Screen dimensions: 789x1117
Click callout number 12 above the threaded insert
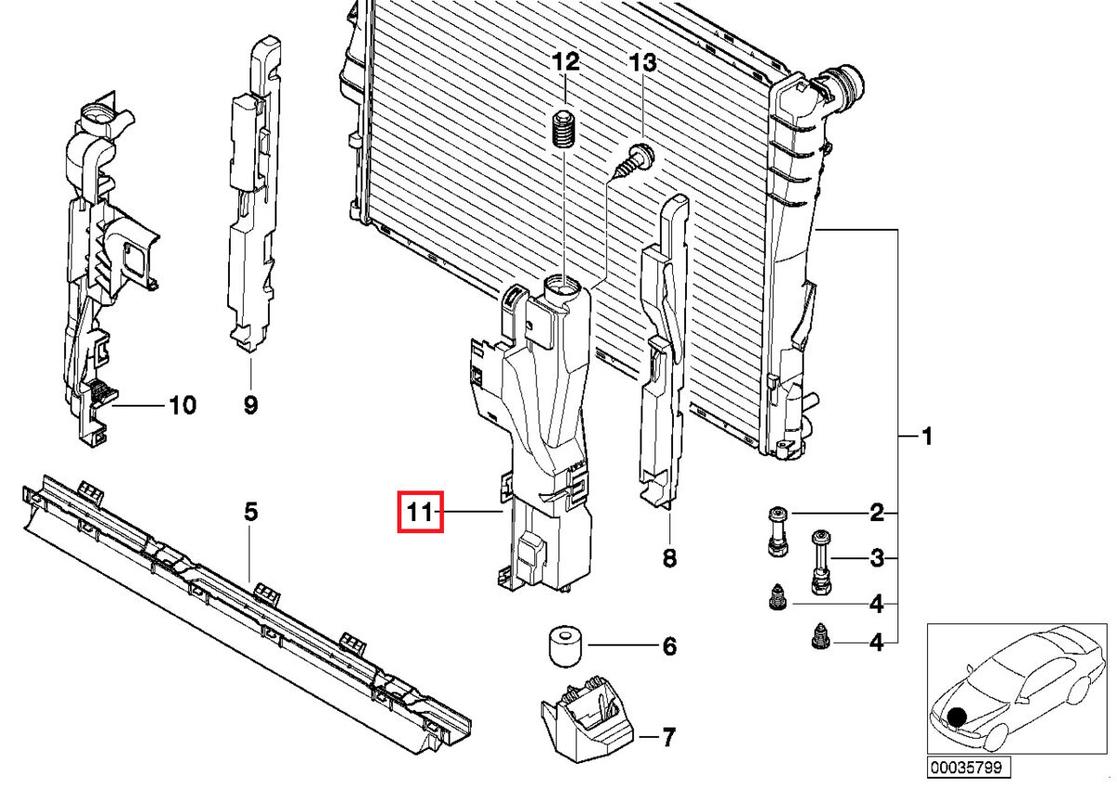coord(566,63)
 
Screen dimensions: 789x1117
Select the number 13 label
coord(642,63)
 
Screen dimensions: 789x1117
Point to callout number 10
coord(182,406)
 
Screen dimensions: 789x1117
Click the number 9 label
coord(250,406)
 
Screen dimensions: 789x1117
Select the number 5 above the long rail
coord(250,512)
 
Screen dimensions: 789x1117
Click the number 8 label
coord(669,559)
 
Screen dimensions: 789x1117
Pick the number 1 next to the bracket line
coord(926,435)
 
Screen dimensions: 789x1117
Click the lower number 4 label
coord(875,641)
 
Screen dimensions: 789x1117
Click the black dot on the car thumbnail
coord(957,717)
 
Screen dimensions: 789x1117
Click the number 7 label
coord(668,739)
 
